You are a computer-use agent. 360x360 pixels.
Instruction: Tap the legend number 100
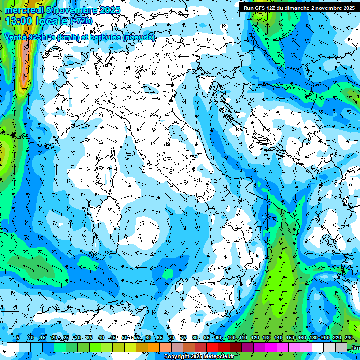[x=232, y=337]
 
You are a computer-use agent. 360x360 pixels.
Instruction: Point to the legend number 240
[x=349, y=337]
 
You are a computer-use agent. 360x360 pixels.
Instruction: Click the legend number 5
[x=18, y=337]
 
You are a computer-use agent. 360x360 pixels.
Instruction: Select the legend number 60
[x=148, y=337]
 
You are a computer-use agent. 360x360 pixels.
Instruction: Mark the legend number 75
[x=183, y=337]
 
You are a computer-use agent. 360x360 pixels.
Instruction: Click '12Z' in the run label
[x=274, y=8]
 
